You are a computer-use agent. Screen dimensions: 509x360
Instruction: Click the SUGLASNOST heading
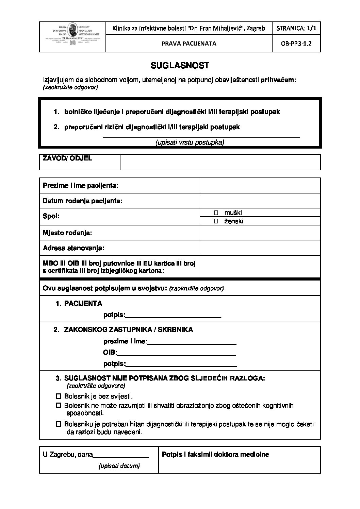coord(180,66)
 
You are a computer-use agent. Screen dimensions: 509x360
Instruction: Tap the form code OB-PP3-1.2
coord(296,44)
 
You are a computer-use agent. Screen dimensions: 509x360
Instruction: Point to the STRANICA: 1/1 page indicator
coord(296,28)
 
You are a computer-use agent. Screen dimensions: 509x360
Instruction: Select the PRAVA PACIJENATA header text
coord(189,44)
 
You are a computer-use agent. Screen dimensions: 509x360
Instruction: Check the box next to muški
coord(216,213)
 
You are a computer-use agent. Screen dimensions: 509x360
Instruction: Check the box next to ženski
coord(216,221)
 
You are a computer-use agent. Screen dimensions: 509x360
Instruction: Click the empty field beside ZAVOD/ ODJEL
coord(220,162)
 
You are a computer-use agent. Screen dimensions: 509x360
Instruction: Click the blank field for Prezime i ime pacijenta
coord(260,186)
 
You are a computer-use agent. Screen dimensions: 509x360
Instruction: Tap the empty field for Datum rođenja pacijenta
coord(260,201)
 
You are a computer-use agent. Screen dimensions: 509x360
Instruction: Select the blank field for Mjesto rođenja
coord(260,233)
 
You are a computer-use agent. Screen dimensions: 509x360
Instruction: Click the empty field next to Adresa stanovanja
coord(260,248)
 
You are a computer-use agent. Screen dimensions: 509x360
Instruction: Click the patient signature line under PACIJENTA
coord(174,317)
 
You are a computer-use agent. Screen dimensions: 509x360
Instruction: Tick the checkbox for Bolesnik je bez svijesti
coord(58,396)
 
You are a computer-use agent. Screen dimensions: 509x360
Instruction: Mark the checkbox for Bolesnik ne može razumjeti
coord(58,405)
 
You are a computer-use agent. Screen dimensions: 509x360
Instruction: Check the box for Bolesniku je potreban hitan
coord(58,424)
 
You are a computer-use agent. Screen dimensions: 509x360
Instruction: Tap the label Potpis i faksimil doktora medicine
coord(215,454)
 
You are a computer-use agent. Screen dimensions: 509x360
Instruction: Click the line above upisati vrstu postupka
coord(201,137)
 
